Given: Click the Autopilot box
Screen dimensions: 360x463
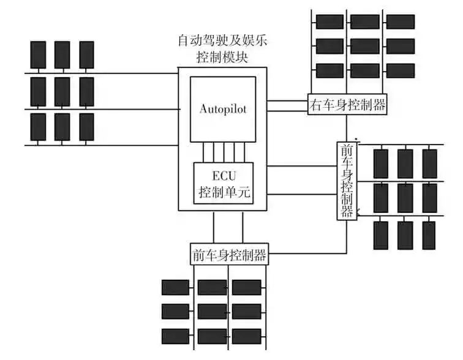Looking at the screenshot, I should [x=222, y=109].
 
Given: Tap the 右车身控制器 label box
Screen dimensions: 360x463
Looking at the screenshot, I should [x=347, y=105].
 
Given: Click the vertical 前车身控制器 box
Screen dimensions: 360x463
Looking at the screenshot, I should [x=346, y=181].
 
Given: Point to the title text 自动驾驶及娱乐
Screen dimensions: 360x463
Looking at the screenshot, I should [x=222, y=42].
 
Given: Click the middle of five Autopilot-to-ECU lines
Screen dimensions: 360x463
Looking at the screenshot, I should [x=224, y=152].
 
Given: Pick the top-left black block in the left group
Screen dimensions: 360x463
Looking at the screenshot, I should [x=38, y=54].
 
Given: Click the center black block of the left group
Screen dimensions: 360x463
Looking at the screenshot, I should [x=62, y=91].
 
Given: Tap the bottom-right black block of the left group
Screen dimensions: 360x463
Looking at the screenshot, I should [x=86, y=127].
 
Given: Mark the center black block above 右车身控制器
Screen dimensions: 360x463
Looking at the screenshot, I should [x=364, y=46].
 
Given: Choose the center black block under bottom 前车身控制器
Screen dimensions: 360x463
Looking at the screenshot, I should [x=212, y=312].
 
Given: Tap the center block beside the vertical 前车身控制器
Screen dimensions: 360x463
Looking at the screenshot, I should [x=405, y=198].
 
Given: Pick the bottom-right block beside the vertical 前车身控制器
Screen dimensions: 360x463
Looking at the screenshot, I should [x=428, y=234].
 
